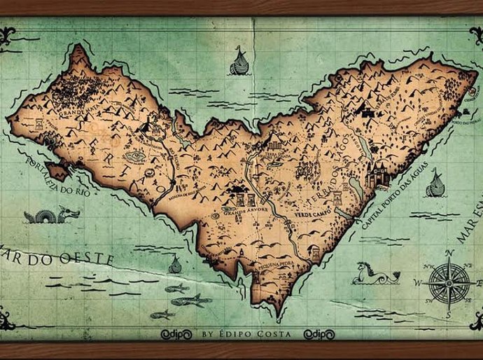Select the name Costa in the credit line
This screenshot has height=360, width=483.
click(x=281, y=334)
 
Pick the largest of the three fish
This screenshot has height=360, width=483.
click(x=190, y=300)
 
